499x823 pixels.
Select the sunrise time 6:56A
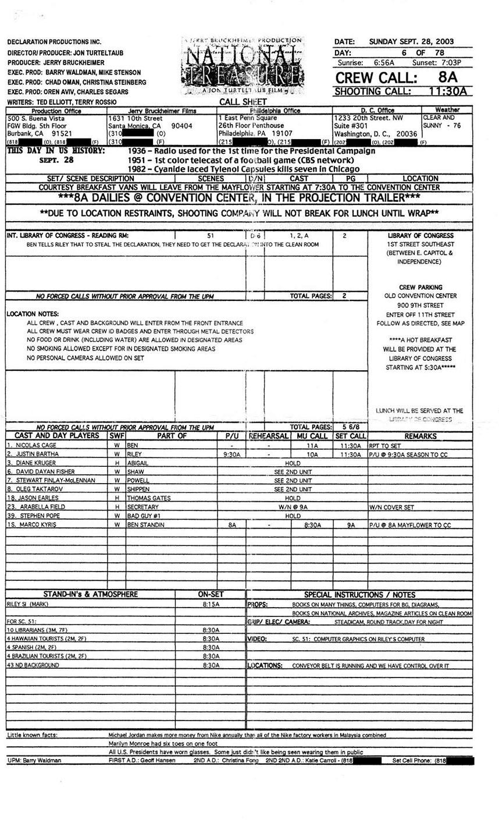coord(384,63)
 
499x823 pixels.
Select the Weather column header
coord(447,110)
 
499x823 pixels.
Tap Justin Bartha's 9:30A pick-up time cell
coord(231,454)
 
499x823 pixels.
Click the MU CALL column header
coord(312,436)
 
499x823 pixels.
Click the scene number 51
coord(211,236)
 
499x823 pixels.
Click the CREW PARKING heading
coord(420,287)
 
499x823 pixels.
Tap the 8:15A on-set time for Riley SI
coord(211,605)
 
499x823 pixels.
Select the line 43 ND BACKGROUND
coord(33,665)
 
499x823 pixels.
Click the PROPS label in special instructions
coord(257,605)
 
